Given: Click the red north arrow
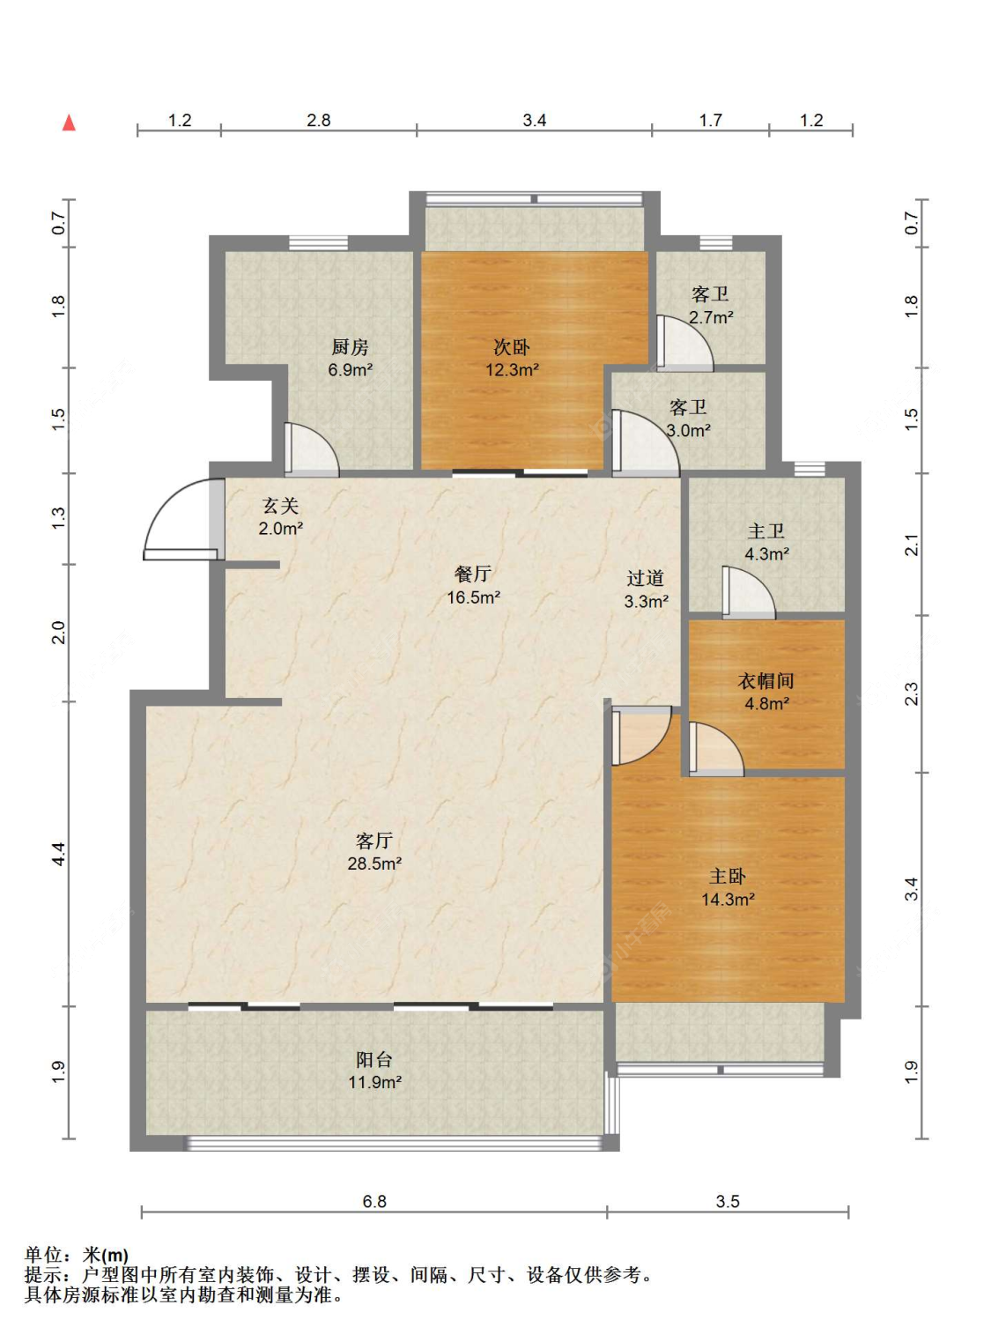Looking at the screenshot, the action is point(69,122).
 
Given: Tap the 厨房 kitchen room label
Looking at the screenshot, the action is point(350,358).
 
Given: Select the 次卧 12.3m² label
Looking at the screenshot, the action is point(512,358).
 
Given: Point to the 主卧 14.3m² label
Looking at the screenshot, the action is point(728,887).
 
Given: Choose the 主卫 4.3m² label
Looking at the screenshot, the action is point(766,542).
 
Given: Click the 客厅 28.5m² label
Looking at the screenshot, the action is point(374,852).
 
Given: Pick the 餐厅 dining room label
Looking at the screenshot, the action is point(473,586).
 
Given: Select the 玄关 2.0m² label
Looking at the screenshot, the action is point(280,516).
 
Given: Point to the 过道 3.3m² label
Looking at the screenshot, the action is point(646,589).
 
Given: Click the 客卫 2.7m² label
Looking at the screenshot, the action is point(711,306).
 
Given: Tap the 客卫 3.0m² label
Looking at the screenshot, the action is point(688,419).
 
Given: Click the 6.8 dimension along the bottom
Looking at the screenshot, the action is point(373,1201).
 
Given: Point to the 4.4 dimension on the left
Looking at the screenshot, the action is point(59,854).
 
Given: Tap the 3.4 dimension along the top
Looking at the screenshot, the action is point(534,121).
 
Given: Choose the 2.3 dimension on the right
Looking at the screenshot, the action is point(911,693).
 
